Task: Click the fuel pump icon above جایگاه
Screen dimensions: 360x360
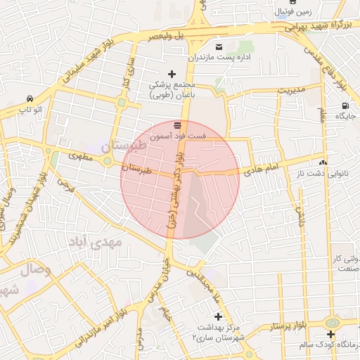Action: (x=345, y=104)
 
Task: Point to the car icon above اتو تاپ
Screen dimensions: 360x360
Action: (x=30, y=99)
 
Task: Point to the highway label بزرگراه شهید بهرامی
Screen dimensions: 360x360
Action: (x=316, y=26)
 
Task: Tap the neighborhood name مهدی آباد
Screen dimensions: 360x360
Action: (x=98, y=242)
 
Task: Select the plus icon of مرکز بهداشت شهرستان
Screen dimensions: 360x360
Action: (x=218, y=316)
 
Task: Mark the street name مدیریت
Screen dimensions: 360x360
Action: (x=292, y=91)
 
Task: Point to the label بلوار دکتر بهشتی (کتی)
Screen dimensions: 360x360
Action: (x=176, y=190)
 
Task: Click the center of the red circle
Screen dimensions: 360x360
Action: (x=180, y=179)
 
